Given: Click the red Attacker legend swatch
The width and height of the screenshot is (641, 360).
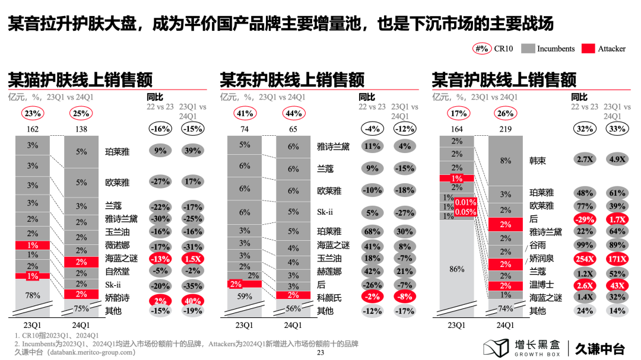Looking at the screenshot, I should pos(588,49).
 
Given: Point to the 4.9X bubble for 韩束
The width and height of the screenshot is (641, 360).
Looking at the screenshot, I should pos(617,160).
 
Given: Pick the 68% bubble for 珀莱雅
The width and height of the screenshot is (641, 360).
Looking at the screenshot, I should pos(372,232).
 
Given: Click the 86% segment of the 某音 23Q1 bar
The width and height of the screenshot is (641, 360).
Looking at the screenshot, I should pos(456,269).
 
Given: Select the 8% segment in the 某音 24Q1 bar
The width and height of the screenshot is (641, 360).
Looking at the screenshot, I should pos(506,160).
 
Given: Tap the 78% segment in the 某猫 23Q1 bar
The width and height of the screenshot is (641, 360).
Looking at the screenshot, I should pos(32,295).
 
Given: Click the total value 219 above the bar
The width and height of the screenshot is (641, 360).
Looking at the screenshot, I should pos(506,129).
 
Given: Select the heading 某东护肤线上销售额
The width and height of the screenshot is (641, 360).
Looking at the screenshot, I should pos(292,79).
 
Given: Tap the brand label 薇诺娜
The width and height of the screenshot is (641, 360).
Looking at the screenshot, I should pos(117,246).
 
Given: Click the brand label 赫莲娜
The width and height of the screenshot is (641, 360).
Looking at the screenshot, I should pos(329,272).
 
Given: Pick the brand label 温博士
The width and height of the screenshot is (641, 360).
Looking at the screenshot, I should pos(541,285).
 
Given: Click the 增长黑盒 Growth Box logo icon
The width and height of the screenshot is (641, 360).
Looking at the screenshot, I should pos(495,348).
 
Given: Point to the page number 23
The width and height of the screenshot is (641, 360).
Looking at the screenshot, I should pos(320,352).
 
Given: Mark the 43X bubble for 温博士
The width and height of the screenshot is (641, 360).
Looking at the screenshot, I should pos(617,285).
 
